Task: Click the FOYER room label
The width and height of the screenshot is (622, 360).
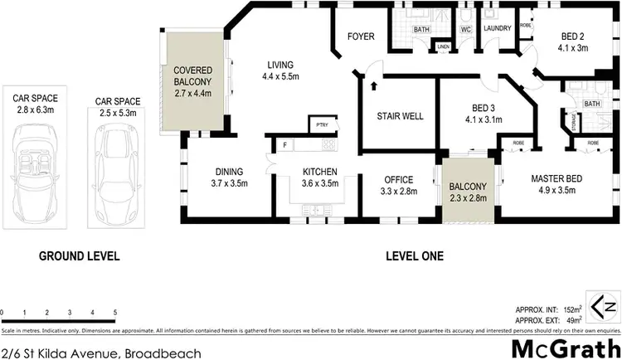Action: tap(361, 37)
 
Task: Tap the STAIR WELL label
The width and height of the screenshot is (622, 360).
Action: tap(400, 116)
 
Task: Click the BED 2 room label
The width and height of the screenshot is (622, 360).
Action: tap(571, 37)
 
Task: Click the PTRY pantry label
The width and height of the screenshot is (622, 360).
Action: tap(322, 125)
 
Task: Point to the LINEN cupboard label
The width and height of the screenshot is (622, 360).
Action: tap(444, 46)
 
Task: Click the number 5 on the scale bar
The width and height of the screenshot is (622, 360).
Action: tap(114, 313)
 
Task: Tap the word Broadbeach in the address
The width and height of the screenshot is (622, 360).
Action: tap(163, 352)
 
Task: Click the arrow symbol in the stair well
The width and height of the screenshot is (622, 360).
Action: tap(373, 84)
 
